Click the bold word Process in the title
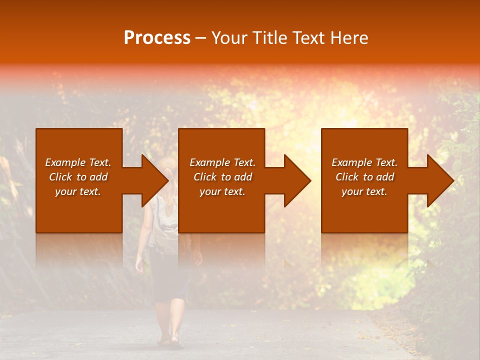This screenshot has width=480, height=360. (157, 38)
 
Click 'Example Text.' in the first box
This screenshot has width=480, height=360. (78, 162)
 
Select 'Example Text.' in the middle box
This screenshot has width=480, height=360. (222, 162)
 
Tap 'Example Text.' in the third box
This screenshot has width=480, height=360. (364, 162)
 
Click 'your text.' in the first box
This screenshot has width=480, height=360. (78, 191)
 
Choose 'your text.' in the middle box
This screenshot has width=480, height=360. (222, 191)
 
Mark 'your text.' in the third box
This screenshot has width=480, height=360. (364, 191)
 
